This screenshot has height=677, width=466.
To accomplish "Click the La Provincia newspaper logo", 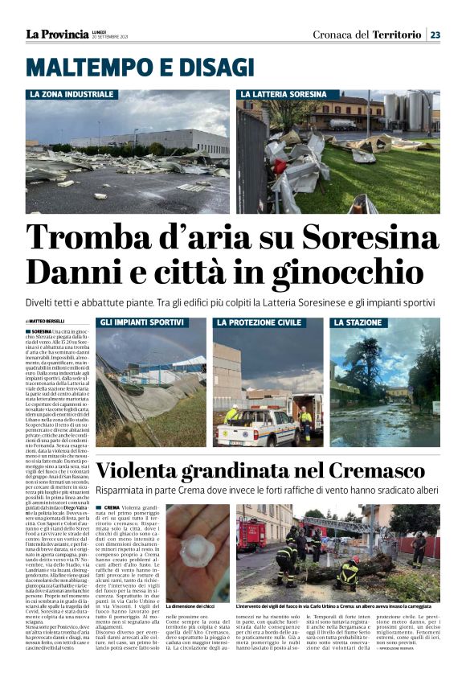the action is coord(56,35).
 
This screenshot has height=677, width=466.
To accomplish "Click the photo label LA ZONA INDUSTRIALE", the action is coord(72,95).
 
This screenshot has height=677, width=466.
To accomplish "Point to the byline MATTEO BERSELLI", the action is coord(50,322).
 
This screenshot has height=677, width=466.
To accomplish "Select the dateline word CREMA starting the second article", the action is coord(111,508).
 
